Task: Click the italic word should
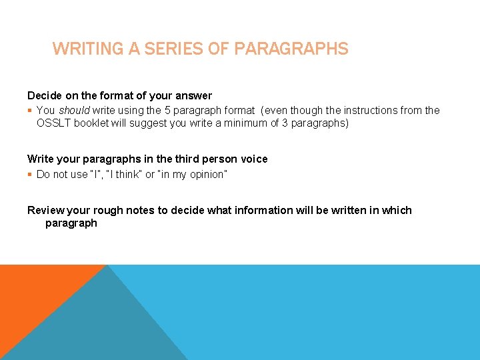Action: click(75, 110)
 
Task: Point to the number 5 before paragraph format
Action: click(167, 110)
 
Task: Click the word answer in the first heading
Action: click(194, 95)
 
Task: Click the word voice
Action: click(254, 159)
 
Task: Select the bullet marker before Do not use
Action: click(30, 175)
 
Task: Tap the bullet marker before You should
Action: click(30, 111)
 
